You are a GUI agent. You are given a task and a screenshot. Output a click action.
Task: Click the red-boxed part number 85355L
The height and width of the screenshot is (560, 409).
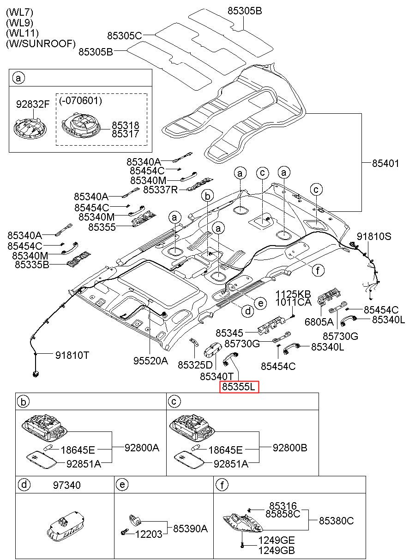point(239,387)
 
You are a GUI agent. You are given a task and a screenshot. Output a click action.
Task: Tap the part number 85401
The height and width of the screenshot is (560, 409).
point(385,164)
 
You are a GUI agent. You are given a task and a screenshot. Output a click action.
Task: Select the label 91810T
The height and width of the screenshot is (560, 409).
point(72,355)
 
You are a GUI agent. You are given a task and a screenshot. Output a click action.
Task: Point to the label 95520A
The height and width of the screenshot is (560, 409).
point(151,361)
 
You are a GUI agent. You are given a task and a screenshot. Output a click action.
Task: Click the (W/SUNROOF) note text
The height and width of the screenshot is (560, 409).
point(41,44)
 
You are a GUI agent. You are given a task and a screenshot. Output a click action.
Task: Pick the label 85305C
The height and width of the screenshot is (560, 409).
point(125,36)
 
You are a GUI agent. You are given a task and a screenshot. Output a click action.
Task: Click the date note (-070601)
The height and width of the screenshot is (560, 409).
point(81,100)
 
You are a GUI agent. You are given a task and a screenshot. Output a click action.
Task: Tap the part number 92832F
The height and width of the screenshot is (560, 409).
point(33,104)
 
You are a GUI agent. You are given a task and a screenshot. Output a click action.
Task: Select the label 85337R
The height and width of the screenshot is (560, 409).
point(161,190)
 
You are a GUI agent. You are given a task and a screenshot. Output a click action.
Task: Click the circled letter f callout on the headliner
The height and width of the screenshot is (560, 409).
point(318,270)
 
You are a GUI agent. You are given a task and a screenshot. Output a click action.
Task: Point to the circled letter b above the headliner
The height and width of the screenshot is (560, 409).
point(208,196)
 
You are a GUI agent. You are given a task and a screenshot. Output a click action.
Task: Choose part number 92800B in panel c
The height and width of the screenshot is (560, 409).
point(290,448)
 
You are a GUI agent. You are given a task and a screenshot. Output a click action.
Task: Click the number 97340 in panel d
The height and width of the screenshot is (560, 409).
point(67,485)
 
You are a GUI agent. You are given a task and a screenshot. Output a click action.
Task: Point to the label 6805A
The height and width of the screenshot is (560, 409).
point(319,322)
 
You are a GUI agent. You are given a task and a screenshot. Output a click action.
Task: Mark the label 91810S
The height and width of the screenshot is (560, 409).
point(374,236)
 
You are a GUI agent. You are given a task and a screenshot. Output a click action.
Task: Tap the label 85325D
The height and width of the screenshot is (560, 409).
point(195,365)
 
